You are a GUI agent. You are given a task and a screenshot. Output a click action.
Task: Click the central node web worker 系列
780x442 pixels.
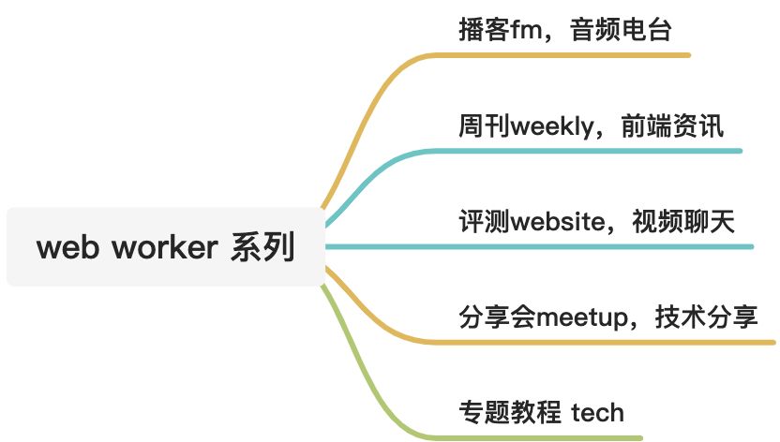[165, 248]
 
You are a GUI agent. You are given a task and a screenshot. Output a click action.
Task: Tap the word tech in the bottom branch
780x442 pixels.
[597, 413]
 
